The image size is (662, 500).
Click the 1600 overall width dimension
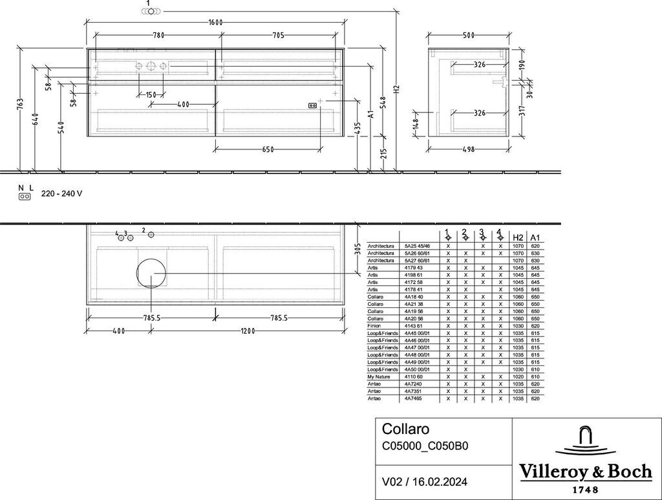[215, 23]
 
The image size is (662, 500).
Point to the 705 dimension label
[279, 36]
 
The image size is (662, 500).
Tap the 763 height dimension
[20, 103]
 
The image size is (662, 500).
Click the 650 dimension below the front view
[268, 149]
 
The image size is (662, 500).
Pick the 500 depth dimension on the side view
[469, 36]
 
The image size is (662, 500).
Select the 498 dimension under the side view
[469, 149]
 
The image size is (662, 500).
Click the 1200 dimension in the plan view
[248, 331]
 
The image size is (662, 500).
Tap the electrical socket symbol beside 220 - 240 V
[25, 197]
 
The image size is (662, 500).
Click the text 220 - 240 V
[61, 194]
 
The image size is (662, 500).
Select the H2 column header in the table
[517, 237]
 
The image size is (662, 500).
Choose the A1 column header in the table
[534, 237]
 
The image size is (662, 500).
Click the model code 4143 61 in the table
[414, 326]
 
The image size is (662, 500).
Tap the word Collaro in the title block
[405, 429]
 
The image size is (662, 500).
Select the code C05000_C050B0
[425, 446]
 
